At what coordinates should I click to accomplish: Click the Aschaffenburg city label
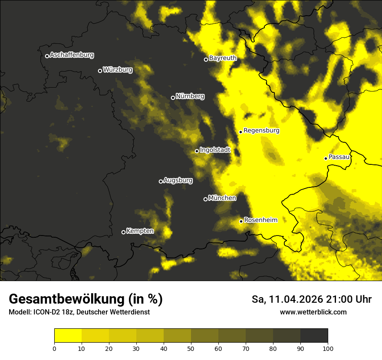[x=72, y=55]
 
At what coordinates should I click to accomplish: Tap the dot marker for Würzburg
[x=100, y=71]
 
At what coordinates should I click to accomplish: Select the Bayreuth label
[x=223, y=58]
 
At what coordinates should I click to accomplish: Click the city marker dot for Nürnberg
[x=173, y=98]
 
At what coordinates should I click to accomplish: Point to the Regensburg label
[x=261, y=131]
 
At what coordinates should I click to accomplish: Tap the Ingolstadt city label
[x=215, y=150]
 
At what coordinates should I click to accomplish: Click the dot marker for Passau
[x=326, y=158]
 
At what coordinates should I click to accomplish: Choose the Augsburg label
[x=178, y=180]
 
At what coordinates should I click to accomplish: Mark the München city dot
[x=205, y=199]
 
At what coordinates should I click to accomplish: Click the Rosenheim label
[x=260, y=220]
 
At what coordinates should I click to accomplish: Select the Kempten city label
[x=140, y=231]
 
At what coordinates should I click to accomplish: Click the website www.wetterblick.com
[x=313, y=312]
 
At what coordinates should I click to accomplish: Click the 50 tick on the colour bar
[x=191, y=348]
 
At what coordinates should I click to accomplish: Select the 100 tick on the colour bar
[x=328, y=348]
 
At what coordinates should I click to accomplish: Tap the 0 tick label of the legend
[x=54, y=348]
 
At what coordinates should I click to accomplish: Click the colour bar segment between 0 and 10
[x=68, y=336]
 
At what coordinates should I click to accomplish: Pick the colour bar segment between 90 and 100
[x=314, y=336]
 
